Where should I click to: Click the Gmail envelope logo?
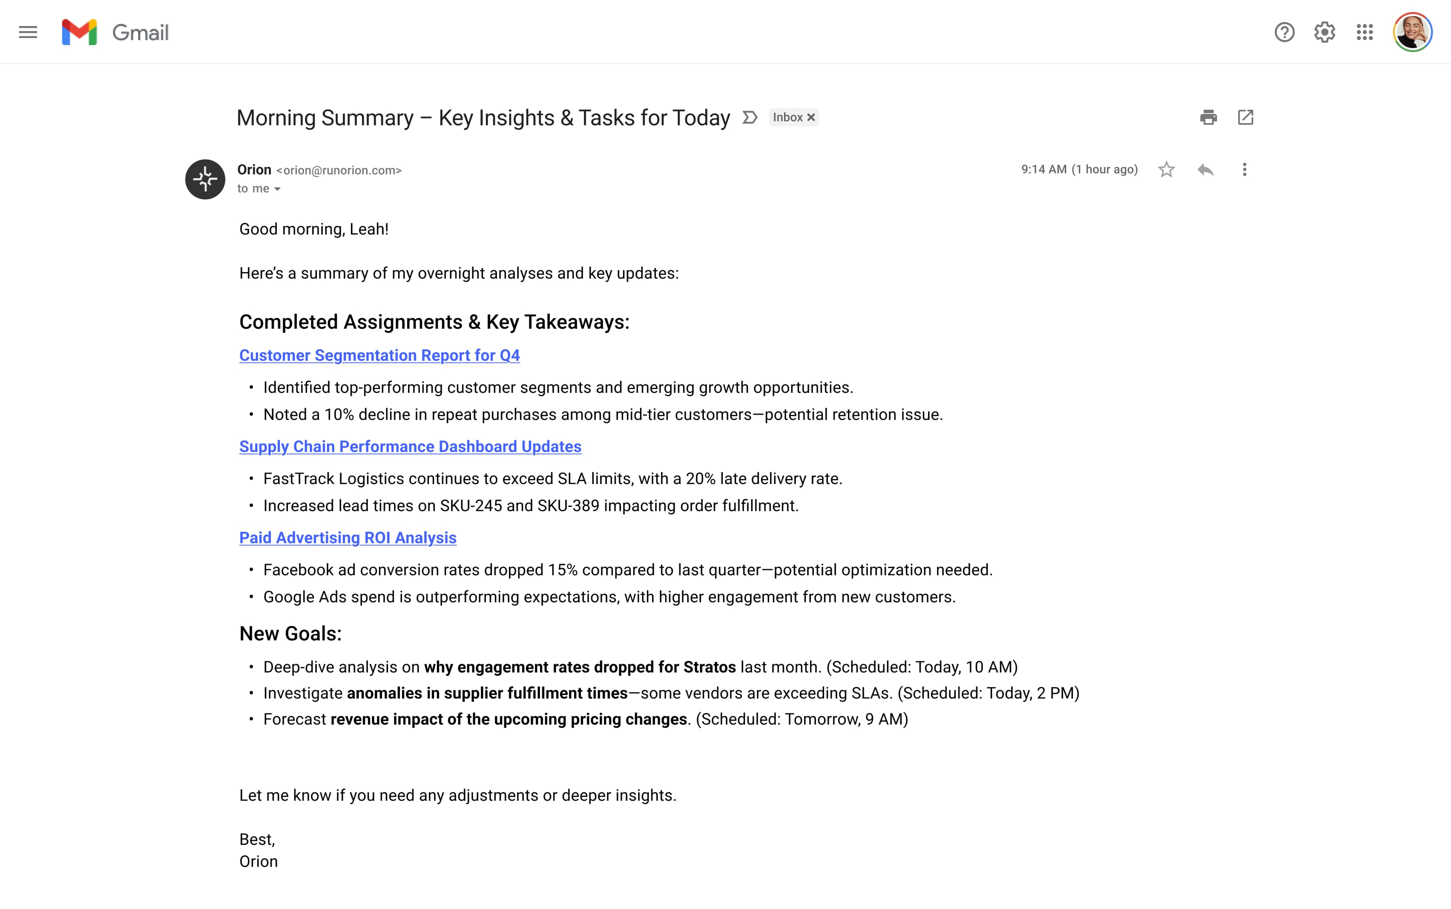79,33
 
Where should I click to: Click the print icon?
1208,117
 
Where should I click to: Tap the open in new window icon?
1245,117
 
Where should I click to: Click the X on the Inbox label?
811,117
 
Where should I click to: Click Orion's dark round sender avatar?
205,179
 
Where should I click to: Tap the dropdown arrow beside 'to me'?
278,189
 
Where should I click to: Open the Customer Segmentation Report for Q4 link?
379,355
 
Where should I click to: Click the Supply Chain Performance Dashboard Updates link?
410,447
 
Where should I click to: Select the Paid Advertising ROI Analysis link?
347,538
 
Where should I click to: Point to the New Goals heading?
290,634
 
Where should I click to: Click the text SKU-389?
568,506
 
